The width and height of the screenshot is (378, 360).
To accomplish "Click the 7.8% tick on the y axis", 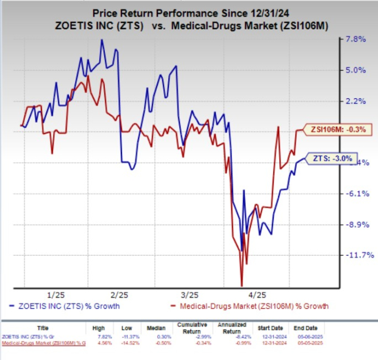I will click(356, 40).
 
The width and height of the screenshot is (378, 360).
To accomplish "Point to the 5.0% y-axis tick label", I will click(356, 70).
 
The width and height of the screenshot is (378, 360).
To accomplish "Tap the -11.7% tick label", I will click(354, 255).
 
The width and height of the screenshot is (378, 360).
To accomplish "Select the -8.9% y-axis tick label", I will click(356, 225).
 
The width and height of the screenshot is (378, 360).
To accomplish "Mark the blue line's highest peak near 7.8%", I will click(101, 40).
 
